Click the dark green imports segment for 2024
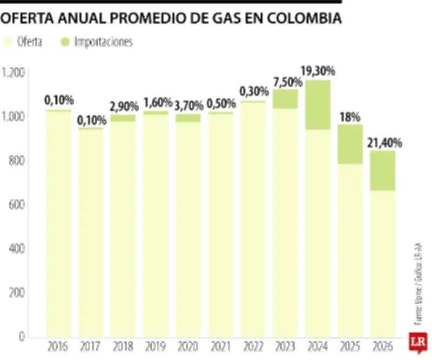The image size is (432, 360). [318, 105]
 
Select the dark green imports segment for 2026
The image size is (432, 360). [382, 171]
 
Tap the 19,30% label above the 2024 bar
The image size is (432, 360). [318, 71]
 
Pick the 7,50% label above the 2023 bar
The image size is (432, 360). [285, 82]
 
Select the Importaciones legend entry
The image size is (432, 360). [97, 42]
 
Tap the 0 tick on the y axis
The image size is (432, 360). [22, 337]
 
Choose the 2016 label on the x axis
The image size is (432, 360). [58, 346]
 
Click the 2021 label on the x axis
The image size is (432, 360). [220, 346]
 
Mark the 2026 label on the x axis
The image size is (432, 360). [382, 346]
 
